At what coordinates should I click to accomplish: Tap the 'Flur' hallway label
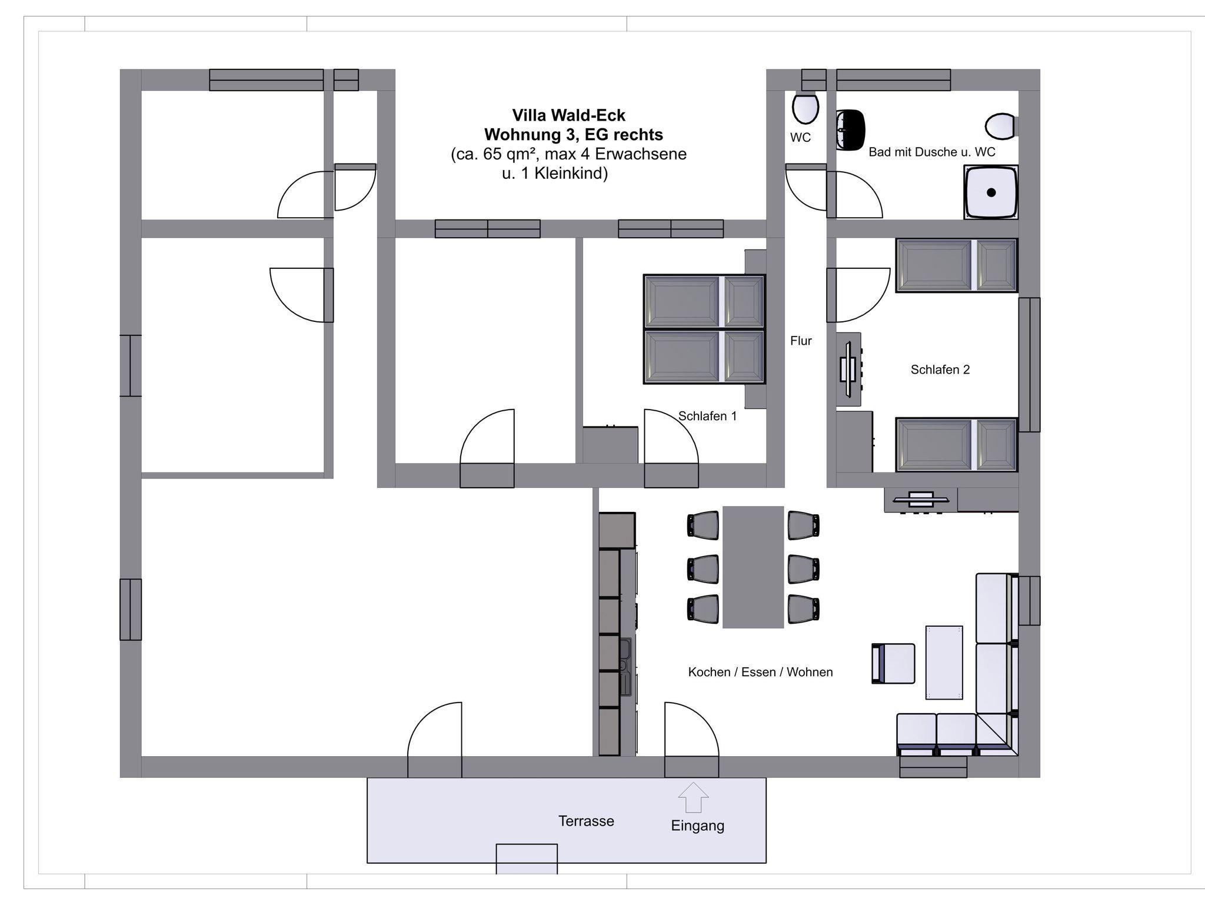click(x=801, y=341)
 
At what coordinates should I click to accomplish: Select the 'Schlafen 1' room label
click(x=707, y=416)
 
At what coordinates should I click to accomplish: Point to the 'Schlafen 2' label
click(x=940, y=370)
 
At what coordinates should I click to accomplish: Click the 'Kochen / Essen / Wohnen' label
click(x=760, y=672)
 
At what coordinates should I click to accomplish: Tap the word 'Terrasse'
click(x=586, y=821)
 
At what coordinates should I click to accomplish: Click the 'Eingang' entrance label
click(x=697, y=826)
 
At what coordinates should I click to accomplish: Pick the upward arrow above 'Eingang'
click(x=693, y=797)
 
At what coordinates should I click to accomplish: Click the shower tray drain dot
click(x=991, y=192)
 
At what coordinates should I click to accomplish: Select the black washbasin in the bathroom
click(x=851, y=129)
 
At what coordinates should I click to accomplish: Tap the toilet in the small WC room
click(x=805, y=108)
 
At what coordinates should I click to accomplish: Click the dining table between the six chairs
click(x=753, y=567)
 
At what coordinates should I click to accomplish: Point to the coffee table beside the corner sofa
click(x=944, y=663)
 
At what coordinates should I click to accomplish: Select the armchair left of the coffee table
click(x=893, y=664)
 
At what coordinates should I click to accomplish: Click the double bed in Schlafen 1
click(x=704, y=330)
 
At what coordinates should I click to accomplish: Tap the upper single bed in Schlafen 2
click(x=957, y=265)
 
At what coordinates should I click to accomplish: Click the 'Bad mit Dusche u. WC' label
click(x=932, y=152)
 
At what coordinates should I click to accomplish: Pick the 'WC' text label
click(x=800, y=138)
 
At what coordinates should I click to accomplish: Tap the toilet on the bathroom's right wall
click(x=1001, y=126)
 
